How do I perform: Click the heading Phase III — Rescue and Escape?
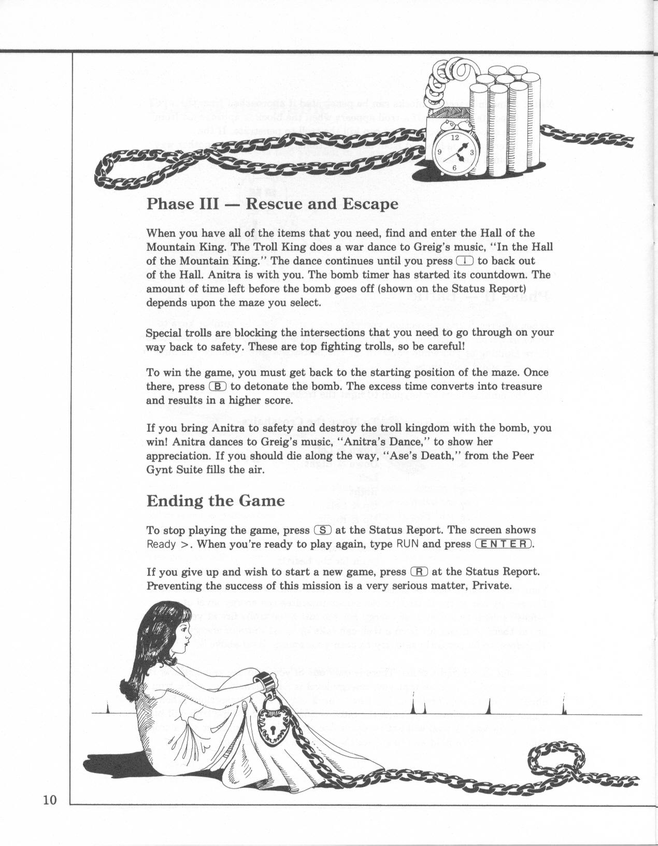pyautogui.click(x=273, y=204)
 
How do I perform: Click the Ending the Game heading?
pyautogui.click(x=216, y=501)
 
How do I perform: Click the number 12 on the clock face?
pyautogui.click(x=454, y=138)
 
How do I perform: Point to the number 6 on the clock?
pyautogui.click(x=454, y=167)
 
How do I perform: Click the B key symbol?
pyautogui.click(x=218, y=386)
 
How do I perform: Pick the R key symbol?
pyautogui.click(x=419, y=572)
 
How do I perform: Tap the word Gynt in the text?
pyautogui.click(x=160, y=470)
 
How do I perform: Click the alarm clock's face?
pyautogui.click(x=454, y=153)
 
